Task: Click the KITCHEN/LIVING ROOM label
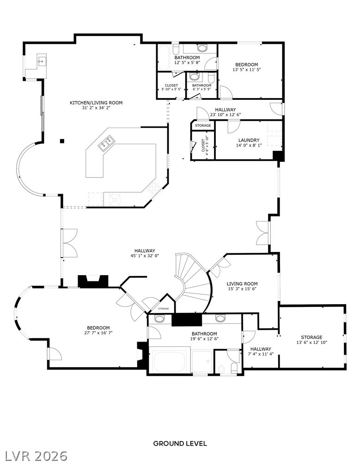click(x=96, y=103)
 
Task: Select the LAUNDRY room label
click(x=249, y=140)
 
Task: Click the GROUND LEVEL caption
click(x=180, y=443)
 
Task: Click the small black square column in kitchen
click(x=61, y=141)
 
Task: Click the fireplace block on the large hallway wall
click(x=92, y=281)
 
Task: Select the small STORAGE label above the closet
click(x=203, y=125)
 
